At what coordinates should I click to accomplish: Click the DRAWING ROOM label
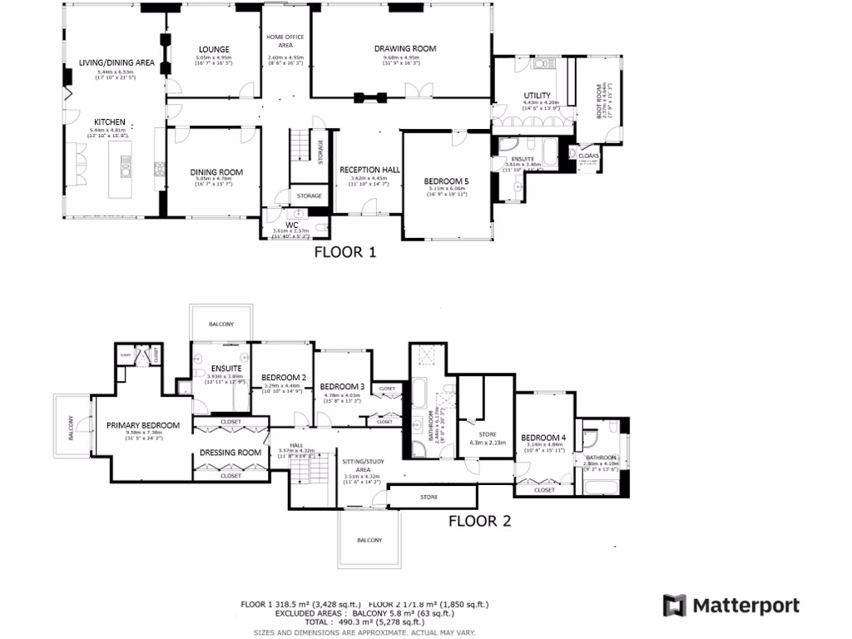[x=405, y=49]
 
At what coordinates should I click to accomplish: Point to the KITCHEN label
[x=110, y=121]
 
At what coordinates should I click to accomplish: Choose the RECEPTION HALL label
[x=369, y=170]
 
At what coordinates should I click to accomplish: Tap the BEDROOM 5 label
[x=446, y=181]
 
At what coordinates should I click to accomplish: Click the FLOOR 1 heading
[x=344, y=252]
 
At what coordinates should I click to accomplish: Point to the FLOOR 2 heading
[x=480, y=523]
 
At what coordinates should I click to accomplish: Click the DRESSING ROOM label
[x=230, y=453]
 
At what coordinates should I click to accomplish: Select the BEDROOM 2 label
[x=280, y=377]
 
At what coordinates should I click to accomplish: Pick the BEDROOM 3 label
[x=342, y=387]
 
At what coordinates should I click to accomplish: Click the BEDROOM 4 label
[x=543, y=438]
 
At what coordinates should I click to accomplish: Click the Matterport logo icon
[x=674, y=605]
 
